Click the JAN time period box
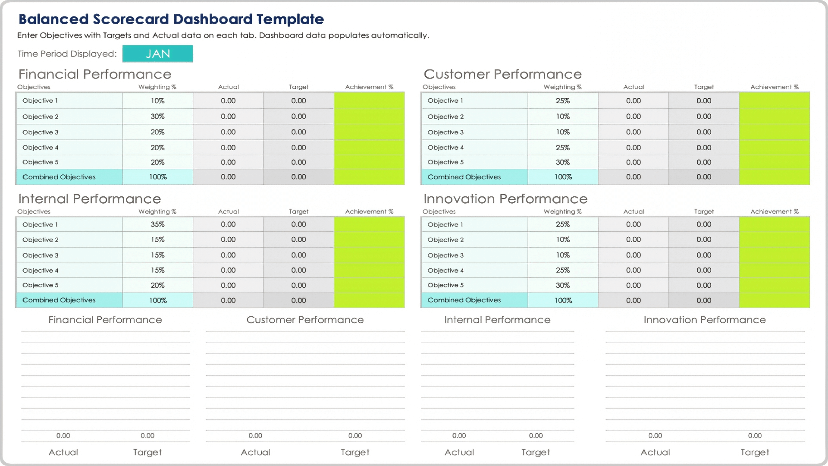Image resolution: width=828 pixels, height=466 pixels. tap(157, 54)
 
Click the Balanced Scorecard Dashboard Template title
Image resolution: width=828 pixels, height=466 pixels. tap(171, 19)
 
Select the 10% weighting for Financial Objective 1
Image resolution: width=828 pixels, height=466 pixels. tap(157, 101)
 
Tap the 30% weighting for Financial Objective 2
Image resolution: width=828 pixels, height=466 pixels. tap(157, 116)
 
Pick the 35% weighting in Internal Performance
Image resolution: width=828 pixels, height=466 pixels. tap(157, 224)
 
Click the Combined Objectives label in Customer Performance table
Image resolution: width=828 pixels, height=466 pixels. tap(464, 177)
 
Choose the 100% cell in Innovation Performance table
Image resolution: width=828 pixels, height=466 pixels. tap(563, 300)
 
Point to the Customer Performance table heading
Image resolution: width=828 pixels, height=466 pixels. tap(502, 74)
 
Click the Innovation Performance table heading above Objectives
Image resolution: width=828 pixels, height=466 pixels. tap(505, 199)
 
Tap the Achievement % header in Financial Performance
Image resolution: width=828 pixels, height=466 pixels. tap(369, 87)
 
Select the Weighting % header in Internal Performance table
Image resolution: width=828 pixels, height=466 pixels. tap(157, 212)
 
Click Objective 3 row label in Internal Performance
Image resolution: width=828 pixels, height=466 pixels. tap(40, 255)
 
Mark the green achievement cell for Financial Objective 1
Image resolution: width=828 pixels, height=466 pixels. tap(369, 101)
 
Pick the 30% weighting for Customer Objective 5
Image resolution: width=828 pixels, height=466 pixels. tap(563, 162)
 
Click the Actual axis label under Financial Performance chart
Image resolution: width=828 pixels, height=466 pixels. tap(63, 452)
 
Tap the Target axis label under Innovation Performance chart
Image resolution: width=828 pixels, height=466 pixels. tap(755, 452)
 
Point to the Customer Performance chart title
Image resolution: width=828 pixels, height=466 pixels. tap(305, 320)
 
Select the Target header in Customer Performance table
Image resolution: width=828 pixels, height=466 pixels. tap(704, 87)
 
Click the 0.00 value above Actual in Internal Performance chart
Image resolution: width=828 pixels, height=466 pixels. tap(459, 436)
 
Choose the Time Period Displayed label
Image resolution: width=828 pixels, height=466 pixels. tap(67, 54)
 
